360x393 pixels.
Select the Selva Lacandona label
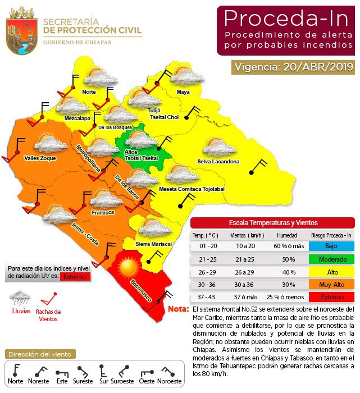pos(218,162)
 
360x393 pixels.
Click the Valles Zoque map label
pos(40,158)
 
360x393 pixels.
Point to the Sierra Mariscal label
pos(153,244)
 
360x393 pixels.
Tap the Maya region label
pos(183,92)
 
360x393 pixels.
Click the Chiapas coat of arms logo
pos(21,31)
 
